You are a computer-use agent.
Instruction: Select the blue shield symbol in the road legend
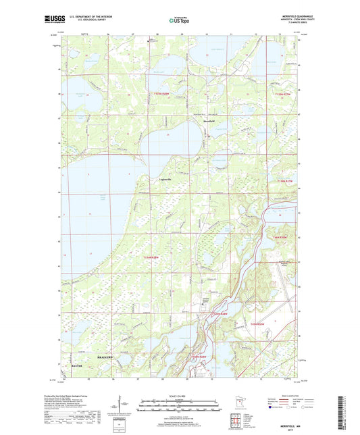point(274,407)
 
